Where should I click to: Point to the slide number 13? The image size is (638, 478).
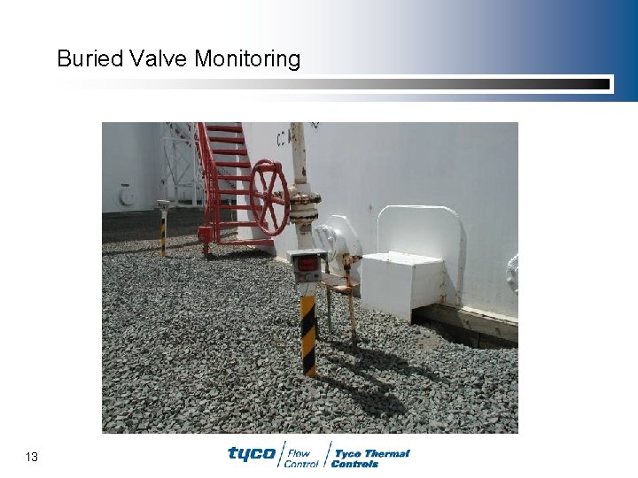(x=32, y=457)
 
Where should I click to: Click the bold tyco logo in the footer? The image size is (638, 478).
(x=252, y=454)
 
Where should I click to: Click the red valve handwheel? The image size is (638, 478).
(x=268, y=197)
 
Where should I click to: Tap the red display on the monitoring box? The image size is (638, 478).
(x=307, y=264)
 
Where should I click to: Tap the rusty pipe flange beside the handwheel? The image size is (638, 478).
(x=303, y=208)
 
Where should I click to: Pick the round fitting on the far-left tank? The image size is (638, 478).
(x=128, y=195)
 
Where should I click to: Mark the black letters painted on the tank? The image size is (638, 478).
(x=286, y=137)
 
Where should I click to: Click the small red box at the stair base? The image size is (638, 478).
(x=206, y=234)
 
